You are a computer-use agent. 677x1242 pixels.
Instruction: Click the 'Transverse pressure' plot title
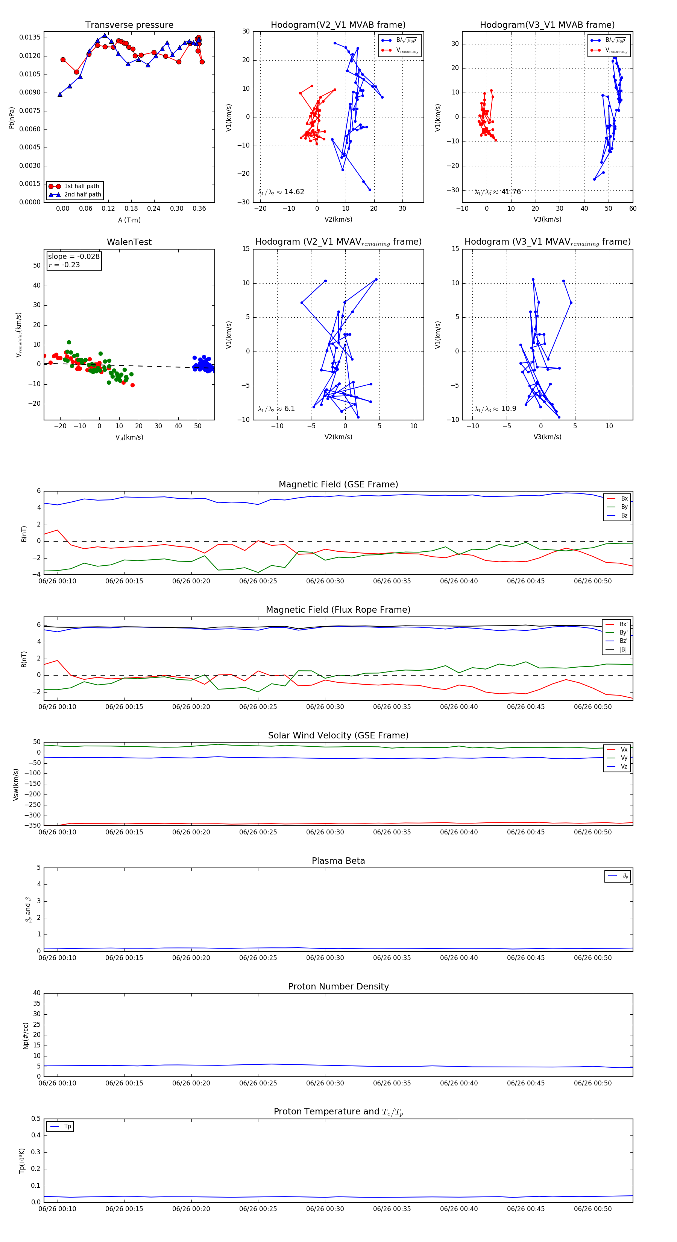click(129, 25)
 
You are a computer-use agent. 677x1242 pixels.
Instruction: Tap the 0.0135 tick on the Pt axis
click(30, 38)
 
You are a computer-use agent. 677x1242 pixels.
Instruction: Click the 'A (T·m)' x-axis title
click(129, 220)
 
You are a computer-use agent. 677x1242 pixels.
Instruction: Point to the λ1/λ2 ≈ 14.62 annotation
click(281, 192)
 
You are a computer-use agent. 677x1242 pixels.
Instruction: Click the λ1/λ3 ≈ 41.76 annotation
click(497, 192)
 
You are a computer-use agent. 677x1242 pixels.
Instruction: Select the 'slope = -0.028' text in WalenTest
click(74, 257)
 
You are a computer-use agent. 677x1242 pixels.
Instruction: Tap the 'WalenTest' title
click(129, 242)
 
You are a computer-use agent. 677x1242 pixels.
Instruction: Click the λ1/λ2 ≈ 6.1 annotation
click(276, 409)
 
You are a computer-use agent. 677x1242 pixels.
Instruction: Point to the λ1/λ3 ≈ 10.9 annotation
click(495, 409)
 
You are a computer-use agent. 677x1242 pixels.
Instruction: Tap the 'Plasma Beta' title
click(338, 861)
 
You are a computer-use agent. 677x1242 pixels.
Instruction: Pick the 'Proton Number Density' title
click(338, 986)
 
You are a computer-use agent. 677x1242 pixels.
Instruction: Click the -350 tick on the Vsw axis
click(34, 825)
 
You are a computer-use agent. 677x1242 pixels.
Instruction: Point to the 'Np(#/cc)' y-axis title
click(26, 1036)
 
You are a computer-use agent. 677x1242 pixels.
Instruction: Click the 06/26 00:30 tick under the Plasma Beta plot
click(325, 958)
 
